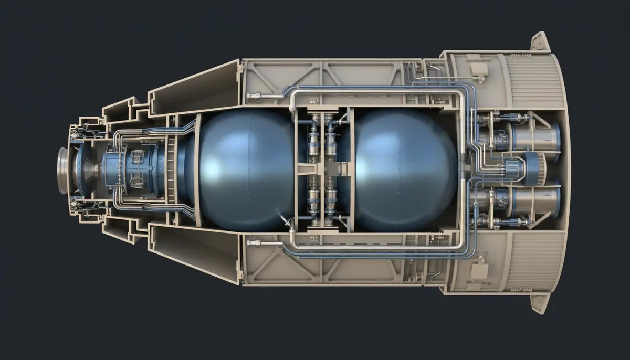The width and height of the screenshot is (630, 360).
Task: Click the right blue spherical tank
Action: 404,171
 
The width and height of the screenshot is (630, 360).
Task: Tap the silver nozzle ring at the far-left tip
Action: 64,171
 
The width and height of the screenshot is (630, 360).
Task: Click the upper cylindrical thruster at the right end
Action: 535,137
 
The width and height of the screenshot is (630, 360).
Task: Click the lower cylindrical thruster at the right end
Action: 535,203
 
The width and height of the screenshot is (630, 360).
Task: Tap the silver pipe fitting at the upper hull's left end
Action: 254,96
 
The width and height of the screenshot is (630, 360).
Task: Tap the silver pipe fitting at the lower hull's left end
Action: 254,243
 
